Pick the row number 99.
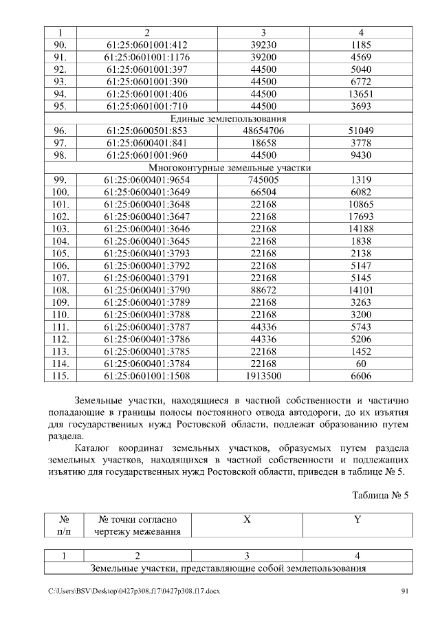point(60,179)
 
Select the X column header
point(247,520)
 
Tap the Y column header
point(357,520)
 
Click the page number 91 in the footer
point(405,592)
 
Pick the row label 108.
point(60,290)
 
